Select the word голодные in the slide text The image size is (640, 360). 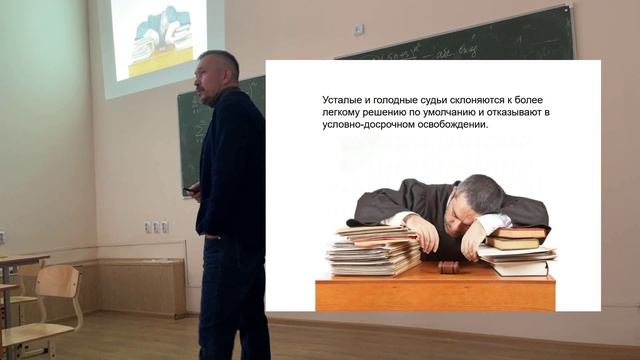tap(395, 101)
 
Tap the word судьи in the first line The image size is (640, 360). tap(440, 101)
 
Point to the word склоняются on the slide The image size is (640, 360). tap(489, 101)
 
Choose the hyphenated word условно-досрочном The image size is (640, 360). tap(374, 125)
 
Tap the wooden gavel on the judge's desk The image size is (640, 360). tap(449, 267)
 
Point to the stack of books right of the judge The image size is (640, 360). tap(517, 250)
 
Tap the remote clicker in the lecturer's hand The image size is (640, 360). tap(189, 191)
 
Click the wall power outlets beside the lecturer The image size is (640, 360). tap(157, 227)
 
